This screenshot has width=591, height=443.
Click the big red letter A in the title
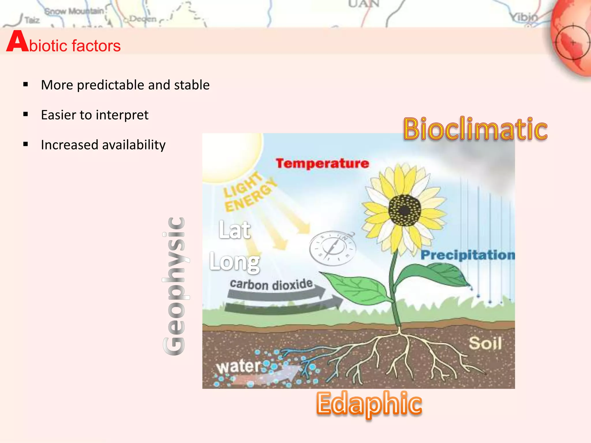click(x=17, y=42)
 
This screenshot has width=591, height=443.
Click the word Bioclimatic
click(x=475, y=129)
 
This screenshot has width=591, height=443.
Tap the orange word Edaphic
click(x=369, y=403)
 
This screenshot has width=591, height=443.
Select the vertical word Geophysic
click(x=174, y=286)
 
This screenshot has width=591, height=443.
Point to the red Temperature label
click(x=322, y=163)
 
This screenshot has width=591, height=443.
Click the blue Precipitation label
click(x=467, y=255)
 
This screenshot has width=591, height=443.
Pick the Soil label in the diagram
click(x=485, y=343)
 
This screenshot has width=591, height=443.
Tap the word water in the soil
click(x=238, y=366)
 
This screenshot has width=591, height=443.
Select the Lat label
click(x=234, y=230)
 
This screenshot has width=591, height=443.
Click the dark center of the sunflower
click(x=405, y=211)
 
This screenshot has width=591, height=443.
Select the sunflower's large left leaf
click(x=358, y=288)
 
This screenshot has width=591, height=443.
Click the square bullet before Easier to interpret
click(x=26, y=114)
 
